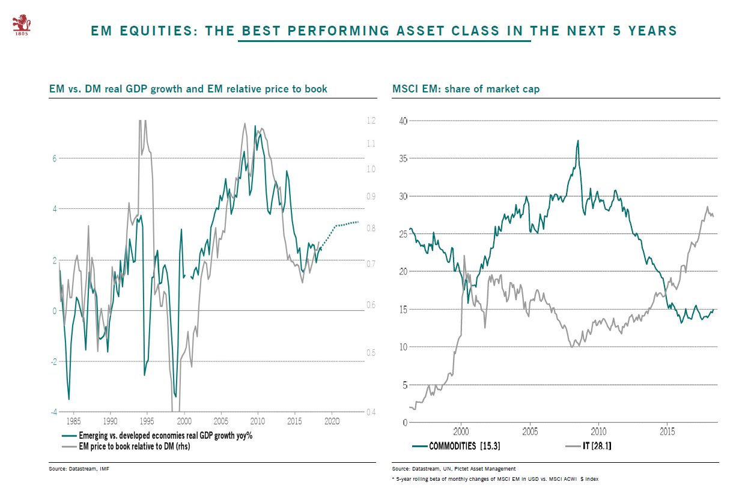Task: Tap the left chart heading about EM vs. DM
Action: click(x=188, y=89)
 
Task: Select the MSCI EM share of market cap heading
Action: click(x=466, y=89)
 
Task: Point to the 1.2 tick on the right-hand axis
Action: click(x=371, y=121)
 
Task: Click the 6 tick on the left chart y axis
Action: click(x=54, y=158)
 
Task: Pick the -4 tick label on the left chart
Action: click(x=53, y=412)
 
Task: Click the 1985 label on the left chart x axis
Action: click(x=73, y=422)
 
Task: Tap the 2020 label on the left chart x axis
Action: click(x=332, y=422)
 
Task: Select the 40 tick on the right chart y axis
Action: click(x=403, y=121)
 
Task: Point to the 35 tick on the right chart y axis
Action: click(x=403, y=158)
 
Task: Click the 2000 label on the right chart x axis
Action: click(x=461, y=431)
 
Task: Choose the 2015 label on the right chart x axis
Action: click(x=667, y=431)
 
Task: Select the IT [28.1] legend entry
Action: click(x=597, y=446)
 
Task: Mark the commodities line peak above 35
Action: click(x=578, y=141)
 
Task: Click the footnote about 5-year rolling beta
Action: click(x=494, y=478)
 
